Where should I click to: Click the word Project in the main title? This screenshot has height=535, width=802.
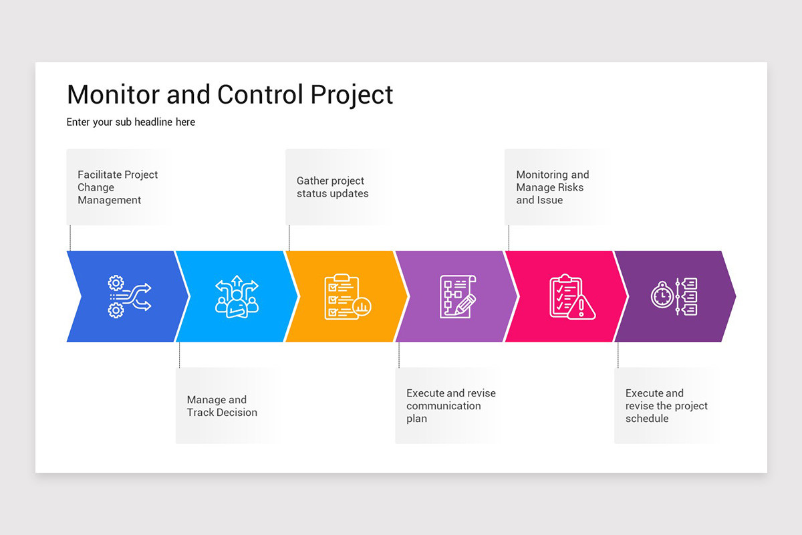pyautogui.click(x=352, y=95)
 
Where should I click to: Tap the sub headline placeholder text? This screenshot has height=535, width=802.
pyautogui.click(x=131, y=122)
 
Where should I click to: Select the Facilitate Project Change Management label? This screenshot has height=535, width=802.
pyautogui.click(x=118, y=187)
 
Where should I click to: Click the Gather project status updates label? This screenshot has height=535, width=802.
pyautogui.click(x=332, y=187)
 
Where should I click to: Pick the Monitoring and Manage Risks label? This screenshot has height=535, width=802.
pyautogui.click(x=552, y=187)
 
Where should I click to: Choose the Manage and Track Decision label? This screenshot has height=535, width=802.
pyautogui.click(x=222, y=406)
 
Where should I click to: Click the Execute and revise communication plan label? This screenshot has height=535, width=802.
pyautogui.click(x=450, y=406)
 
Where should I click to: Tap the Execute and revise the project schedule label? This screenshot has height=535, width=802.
pyautogui.click(x=666, y=406)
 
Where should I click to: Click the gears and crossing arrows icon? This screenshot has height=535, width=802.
pyautogui.click(x=130, y=296)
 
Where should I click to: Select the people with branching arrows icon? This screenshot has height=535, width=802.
pyautogui.click(x=237, y=297)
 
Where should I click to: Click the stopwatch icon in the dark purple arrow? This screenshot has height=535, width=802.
pyautogui.click(x=662, y=296)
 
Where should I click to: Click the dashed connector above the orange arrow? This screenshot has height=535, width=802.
pyautogui.click(x=289, y=237)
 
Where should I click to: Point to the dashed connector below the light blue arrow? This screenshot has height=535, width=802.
pyautogui.click(x=180, y=354)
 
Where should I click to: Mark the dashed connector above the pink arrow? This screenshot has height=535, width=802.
pyautogui.click(x=509, y=237)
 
